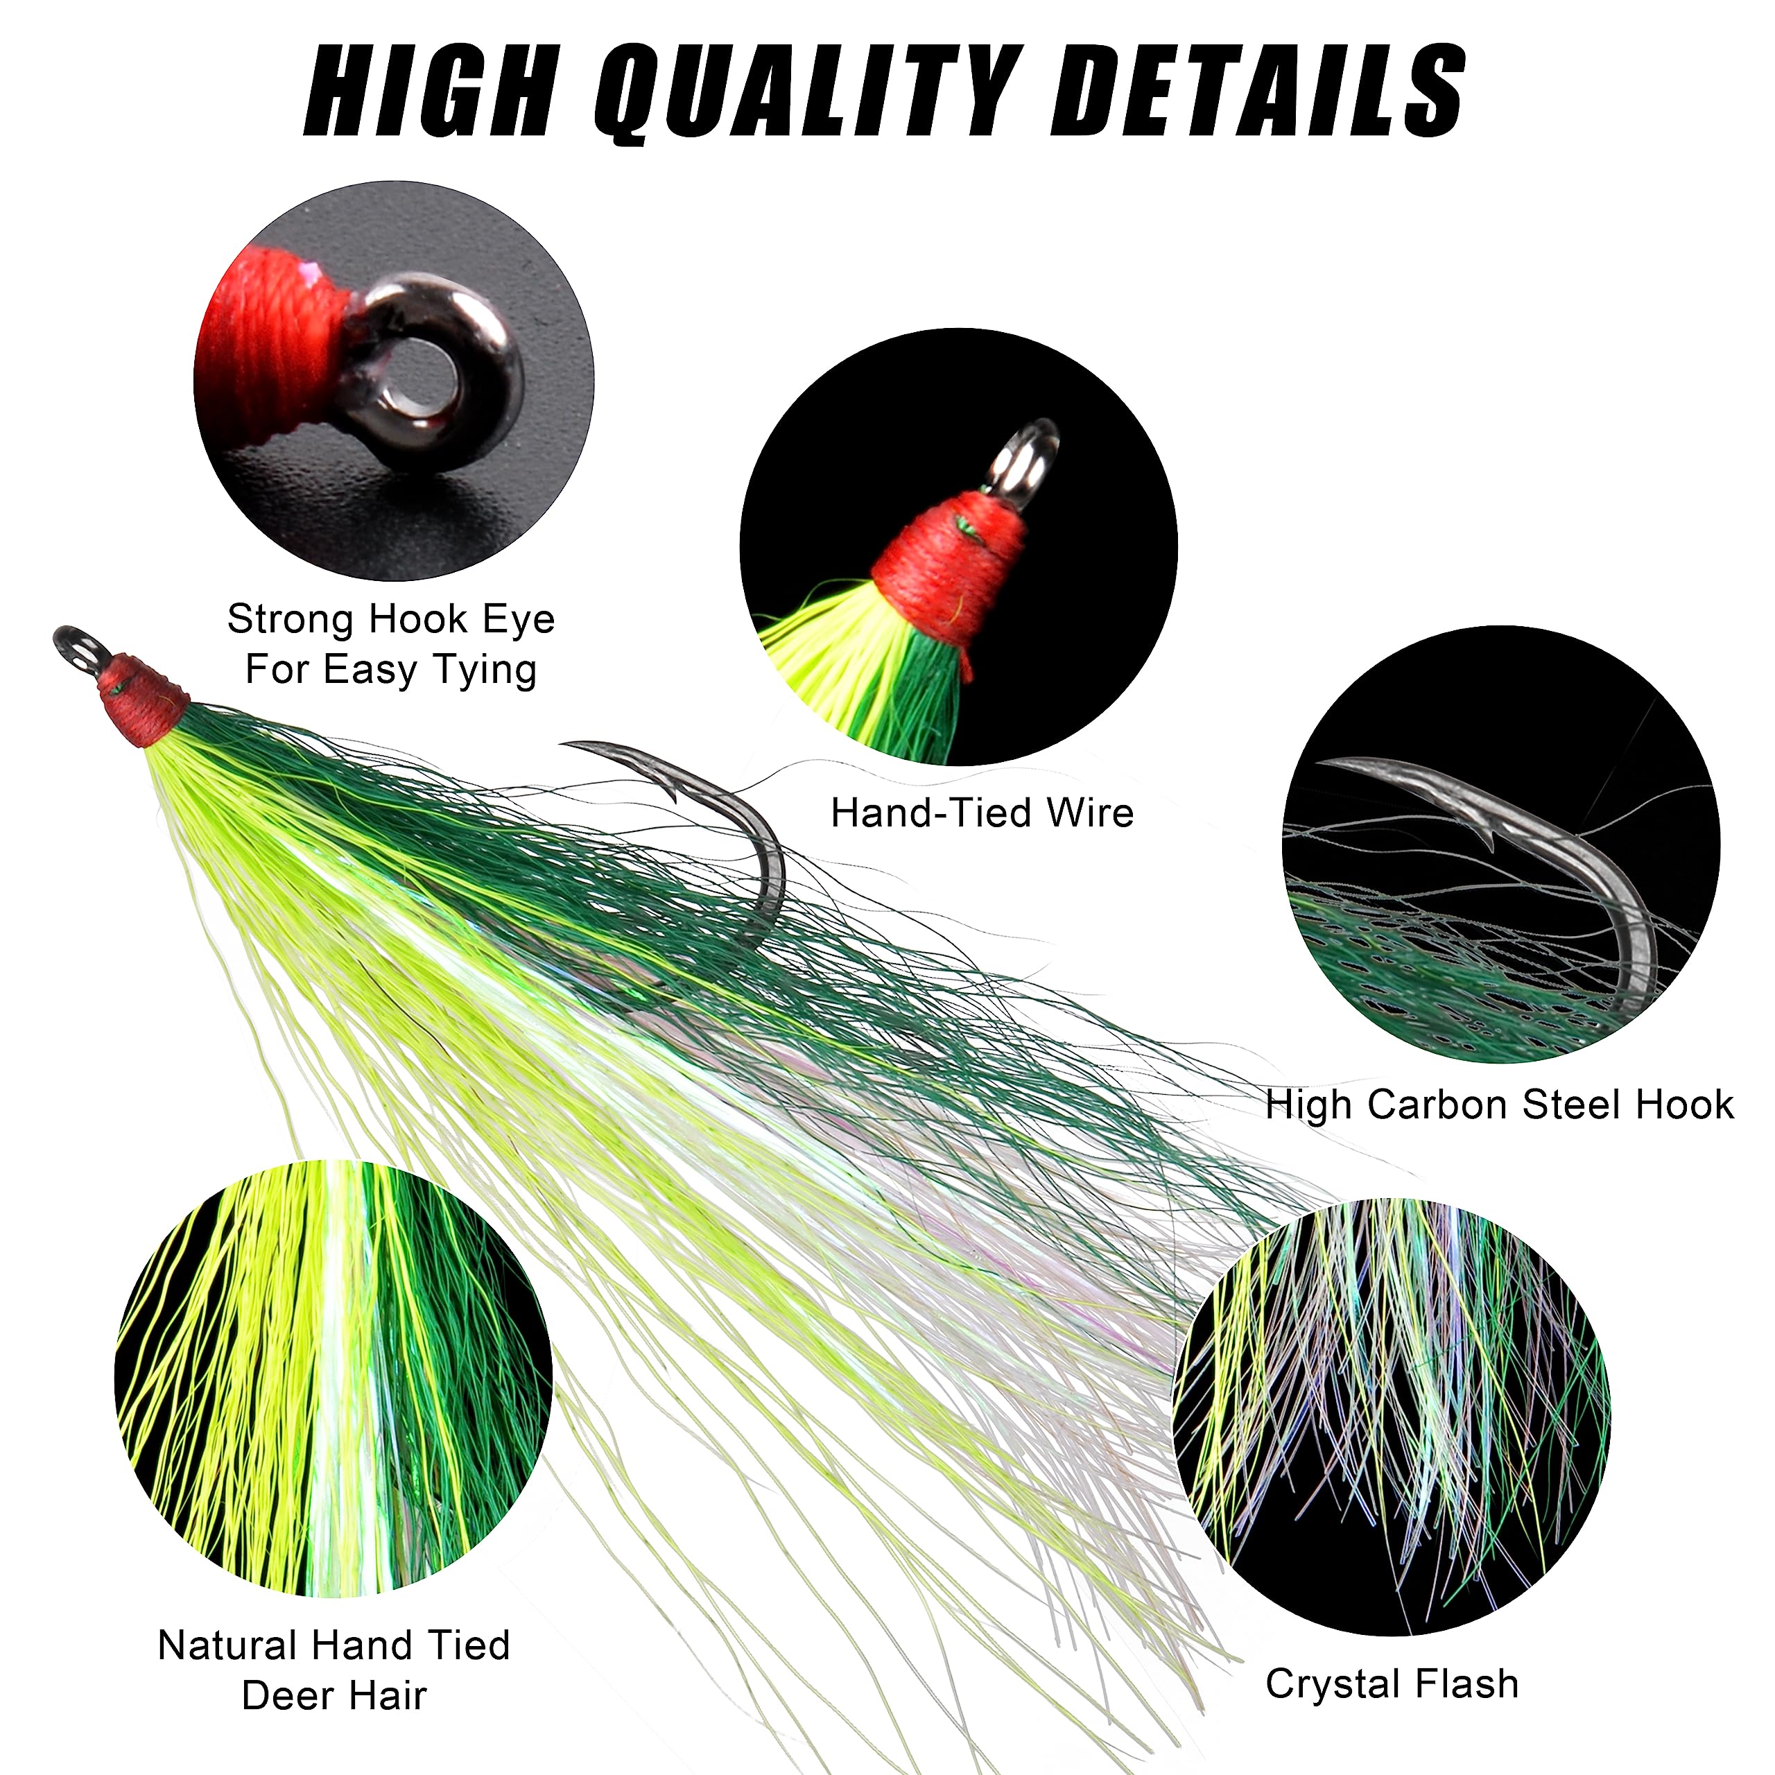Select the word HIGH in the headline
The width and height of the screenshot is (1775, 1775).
pos(432,92)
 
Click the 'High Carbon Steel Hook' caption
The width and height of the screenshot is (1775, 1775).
pos(1499,1105)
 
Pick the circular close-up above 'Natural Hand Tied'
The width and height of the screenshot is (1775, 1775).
pos(334,1378)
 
